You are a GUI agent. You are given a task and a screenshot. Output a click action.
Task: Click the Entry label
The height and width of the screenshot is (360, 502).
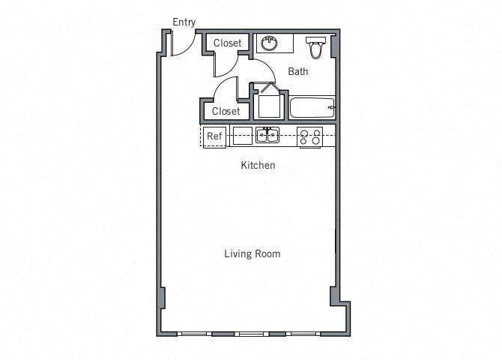184,22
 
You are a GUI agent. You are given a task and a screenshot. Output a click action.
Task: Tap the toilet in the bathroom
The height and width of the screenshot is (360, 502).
315,47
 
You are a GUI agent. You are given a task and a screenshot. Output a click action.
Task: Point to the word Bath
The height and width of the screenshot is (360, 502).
298,72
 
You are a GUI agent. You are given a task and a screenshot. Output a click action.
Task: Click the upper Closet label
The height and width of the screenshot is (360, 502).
227,43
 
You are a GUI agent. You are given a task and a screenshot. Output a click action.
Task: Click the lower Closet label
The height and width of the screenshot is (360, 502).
226,111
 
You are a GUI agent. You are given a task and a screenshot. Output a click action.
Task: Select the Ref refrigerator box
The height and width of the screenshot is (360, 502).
214,136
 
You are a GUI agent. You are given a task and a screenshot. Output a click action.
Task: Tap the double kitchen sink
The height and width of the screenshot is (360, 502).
267,136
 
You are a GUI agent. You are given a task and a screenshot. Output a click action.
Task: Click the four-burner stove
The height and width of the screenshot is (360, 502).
309,136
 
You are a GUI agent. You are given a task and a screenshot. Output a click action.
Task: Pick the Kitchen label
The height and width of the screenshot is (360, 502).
257,165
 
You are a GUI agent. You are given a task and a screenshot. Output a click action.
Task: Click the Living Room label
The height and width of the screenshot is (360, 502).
252,253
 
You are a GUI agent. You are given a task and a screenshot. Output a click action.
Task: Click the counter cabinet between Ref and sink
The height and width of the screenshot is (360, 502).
242,136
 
